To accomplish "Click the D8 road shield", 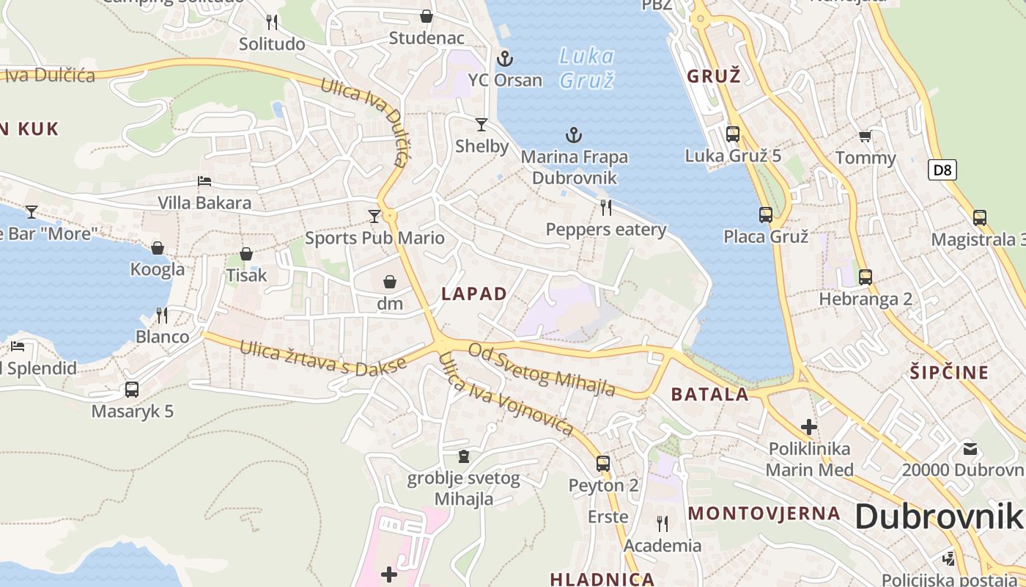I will (942, 170).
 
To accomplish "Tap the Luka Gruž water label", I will (586, 68).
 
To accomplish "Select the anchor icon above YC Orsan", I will (504, 59).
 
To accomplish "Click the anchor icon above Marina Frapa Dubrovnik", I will (574, 135).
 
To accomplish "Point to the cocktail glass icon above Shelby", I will (481, 125).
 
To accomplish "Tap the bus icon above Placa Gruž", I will (766, 215).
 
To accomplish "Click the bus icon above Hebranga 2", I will (866, 277).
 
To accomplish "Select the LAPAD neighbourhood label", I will (474, 294).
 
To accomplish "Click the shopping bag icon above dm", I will (390, 282).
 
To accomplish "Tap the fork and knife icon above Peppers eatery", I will (605, 208).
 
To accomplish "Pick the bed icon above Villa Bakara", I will (204, 181).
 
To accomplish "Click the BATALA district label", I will (710, 395).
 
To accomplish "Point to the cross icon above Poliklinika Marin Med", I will (809, 426).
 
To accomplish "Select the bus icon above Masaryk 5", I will (132, 390).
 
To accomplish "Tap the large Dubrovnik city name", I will (938, 517).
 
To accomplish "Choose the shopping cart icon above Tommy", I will (866, 136).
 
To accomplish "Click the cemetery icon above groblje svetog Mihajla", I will (463, 456).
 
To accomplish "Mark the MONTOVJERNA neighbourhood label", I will (764, 513).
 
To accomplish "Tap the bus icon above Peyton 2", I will (603, 463).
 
